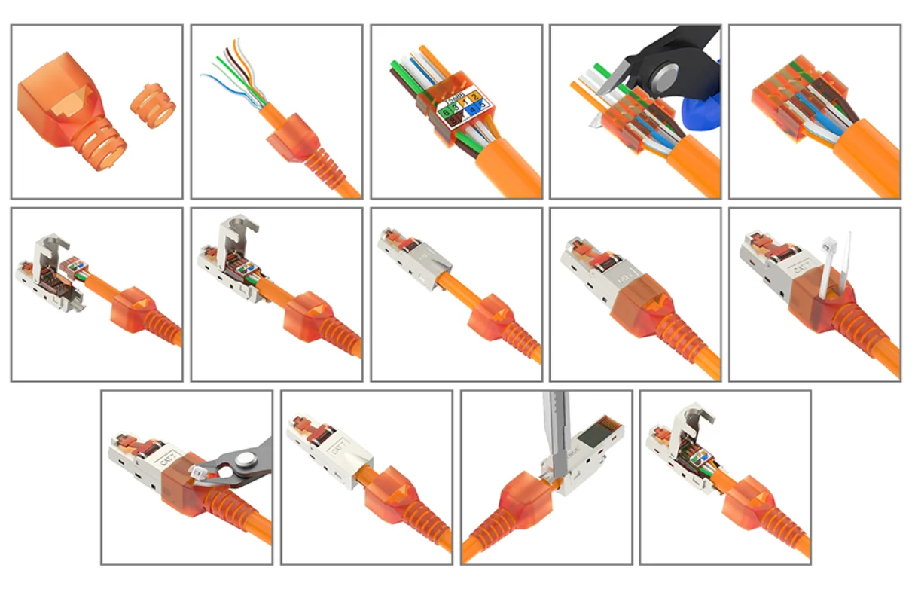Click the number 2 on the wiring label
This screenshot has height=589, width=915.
[476, 96]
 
